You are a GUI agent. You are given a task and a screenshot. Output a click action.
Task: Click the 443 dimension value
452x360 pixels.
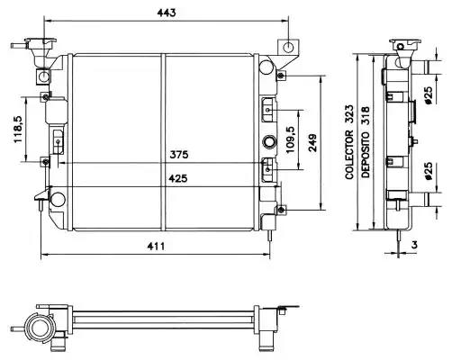tap(167, 13)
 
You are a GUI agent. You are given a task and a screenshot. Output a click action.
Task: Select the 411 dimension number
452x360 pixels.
tap(156, 247)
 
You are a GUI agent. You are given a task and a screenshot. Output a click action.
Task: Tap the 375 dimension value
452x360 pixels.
tap(179, 155)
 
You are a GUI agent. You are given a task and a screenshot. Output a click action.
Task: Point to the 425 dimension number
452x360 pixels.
tap(178, 178)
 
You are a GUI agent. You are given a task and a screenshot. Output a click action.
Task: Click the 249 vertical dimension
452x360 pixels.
tap(312, 143)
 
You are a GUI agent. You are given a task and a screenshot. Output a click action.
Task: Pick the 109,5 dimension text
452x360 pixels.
tap(291, 139)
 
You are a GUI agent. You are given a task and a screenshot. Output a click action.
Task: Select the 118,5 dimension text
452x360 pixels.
tap(18, 130)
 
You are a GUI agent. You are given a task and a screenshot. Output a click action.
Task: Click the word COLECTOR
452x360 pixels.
tap(349, 155)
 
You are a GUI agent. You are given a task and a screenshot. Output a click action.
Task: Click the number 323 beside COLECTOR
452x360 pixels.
tap(349, 114)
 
